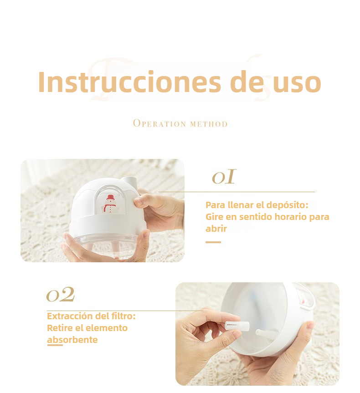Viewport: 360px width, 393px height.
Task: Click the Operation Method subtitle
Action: coord(180,123)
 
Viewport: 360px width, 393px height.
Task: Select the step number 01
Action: coord(224,177)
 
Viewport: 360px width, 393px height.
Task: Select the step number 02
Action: coord(61,294)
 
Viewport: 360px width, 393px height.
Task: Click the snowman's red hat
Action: coord(110,197)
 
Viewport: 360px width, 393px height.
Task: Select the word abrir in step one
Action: coord(216,229)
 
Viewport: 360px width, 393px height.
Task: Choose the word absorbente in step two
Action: coord(72,340)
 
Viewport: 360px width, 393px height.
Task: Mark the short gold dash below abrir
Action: coord(213,242)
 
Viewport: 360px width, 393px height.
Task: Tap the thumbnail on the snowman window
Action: coord(139,201)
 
